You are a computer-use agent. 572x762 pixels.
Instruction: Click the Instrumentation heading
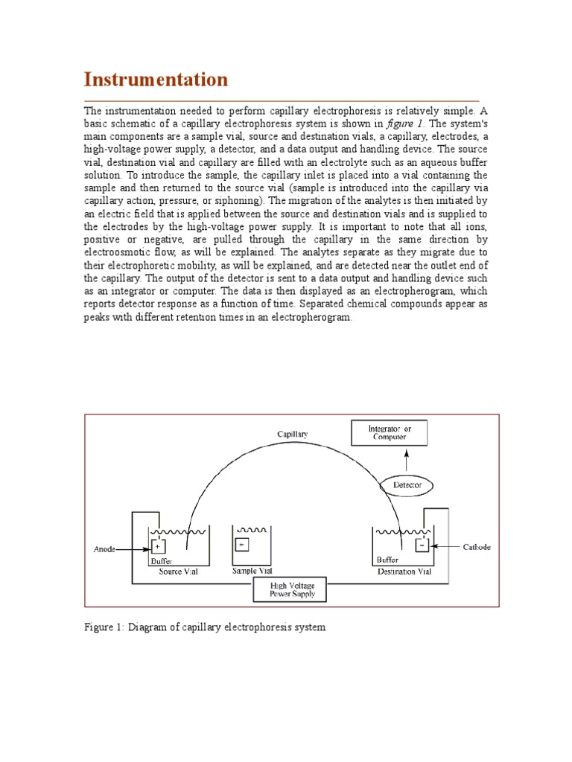[156, 80]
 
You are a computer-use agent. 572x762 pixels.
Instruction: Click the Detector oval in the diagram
[407, 485]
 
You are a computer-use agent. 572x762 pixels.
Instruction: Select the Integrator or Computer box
[390, 432]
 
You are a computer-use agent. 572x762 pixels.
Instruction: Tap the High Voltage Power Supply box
[293, 590]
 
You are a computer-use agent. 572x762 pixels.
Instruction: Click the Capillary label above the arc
[292, 433]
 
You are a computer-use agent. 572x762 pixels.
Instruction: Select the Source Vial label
[179, 572]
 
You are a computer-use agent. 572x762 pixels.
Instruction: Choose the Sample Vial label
[252, 571]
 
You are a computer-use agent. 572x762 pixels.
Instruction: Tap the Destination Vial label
[404, 572]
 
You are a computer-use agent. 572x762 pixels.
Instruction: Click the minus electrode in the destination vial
[421, 545]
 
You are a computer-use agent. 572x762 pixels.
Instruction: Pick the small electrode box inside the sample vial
[241, 545]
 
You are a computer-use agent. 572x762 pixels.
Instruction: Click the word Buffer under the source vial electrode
[162, 561]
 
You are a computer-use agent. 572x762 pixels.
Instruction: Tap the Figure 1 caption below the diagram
[204, 627]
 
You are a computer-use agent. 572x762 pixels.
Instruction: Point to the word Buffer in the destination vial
[387, 560]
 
